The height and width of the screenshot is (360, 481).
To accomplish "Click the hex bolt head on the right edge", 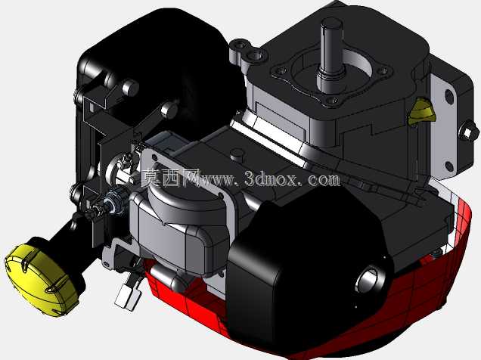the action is (468, 132).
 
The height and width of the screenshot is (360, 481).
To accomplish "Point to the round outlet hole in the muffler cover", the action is (371, 280).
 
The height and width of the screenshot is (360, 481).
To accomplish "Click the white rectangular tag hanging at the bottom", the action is (127, 296).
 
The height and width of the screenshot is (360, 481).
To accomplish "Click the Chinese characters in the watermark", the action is (170, 178).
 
